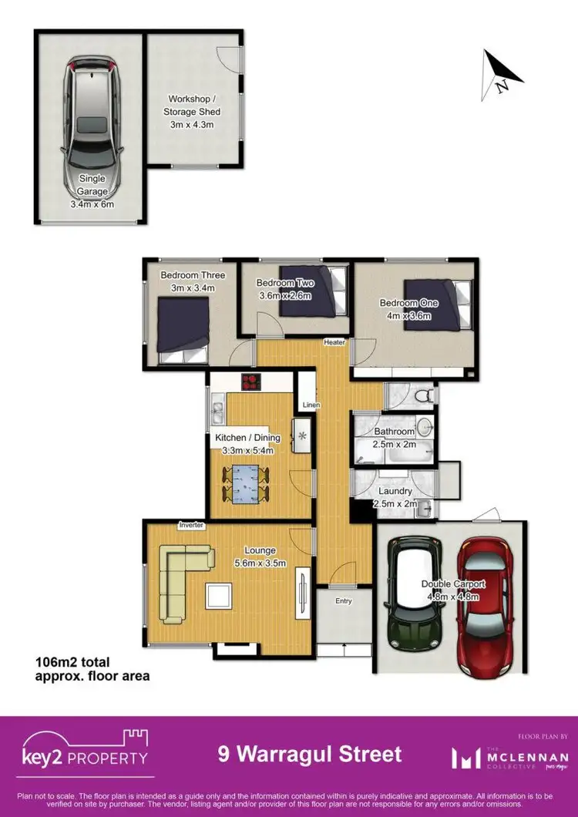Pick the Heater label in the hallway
point(334,342)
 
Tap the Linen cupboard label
point(311,405)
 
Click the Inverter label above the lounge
point(190,526)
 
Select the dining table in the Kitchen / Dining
point(246,484)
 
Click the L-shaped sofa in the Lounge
point(181,578)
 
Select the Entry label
point(344,601)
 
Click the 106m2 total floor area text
point(92,669)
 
